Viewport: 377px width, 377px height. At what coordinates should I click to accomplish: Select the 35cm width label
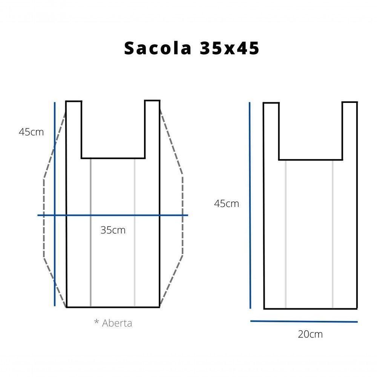point(113,230)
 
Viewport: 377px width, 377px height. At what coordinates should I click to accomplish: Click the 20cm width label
point(310,334)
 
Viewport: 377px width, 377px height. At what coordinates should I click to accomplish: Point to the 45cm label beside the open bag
point(31,132)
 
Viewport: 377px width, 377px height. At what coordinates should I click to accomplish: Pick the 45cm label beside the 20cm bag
point(227,204)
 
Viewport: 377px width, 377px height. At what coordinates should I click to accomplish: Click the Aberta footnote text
point(117,323)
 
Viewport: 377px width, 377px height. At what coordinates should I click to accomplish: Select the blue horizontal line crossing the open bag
point(113,215)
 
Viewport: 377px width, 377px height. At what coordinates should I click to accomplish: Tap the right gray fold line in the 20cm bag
point(333,234)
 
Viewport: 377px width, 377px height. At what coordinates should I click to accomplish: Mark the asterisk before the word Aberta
point(97,322)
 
